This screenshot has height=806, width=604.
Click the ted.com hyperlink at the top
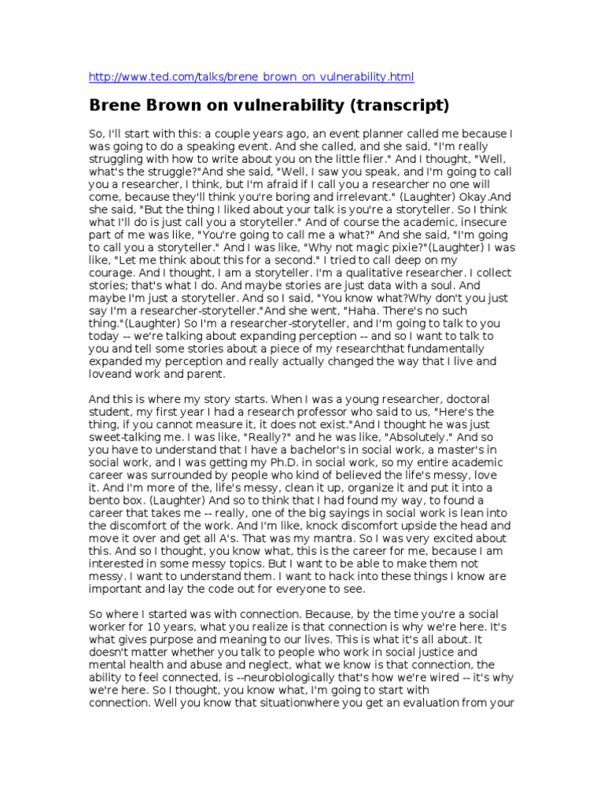click(251, 77)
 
